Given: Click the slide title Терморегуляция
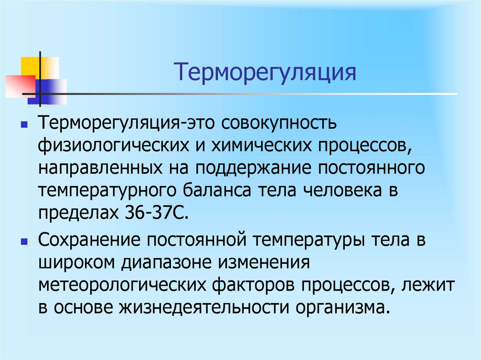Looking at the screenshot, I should coord(265,73).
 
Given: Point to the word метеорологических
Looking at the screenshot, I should coord(122,285).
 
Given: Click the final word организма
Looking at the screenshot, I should coord(343,308).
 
